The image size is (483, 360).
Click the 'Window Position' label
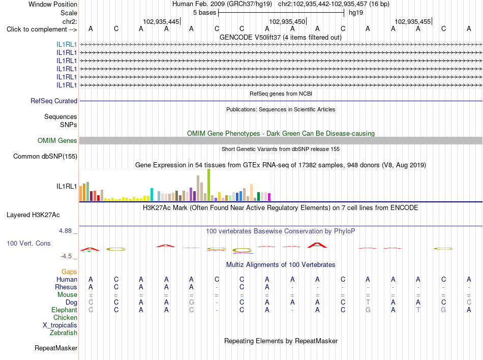53,4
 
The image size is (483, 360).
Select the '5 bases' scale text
204,13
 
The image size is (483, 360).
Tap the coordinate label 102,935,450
287,21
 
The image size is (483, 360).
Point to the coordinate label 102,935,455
412,21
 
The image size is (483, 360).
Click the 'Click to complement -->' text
42,29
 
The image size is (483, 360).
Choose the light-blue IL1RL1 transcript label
67,45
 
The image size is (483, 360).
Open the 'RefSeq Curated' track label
54,101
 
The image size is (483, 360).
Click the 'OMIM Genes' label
57,141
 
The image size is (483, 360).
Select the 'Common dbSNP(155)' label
45,157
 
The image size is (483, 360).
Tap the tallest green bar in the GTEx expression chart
208,185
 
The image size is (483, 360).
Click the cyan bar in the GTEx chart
152,195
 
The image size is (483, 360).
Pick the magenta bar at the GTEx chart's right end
269,197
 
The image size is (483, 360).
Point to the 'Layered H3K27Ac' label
33,215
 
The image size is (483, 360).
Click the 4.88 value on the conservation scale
65,231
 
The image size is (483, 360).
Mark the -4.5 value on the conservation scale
66,256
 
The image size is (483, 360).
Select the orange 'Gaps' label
69,272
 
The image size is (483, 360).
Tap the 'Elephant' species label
64,310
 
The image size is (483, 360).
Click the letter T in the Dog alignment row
368,303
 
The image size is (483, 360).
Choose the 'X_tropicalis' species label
60,325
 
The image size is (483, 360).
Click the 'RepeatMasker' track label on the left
56,348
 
